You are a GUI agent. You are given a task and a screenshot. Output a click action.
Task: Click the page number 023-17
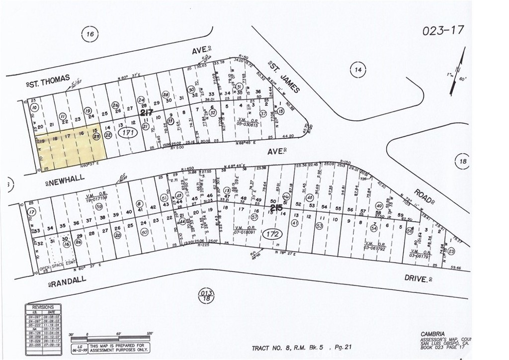pos(443,30)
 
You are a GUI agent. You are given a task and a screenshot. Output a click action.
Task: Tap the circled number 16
pos(89,34)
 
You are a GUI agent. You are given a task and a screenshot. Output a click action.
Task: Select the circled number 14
pos(357,70)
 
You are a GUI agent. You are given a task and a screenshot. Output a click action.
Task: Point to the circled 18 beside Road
pos(463,161)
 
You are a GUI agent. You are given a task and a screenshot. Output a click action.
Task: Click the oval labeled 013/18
pos(206,295)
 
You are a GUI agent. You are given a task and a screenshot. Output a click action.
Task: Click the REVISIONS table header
pos(43,307)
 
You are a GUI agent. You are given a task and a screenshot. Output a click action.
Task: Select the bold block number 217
pos(146,113)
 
